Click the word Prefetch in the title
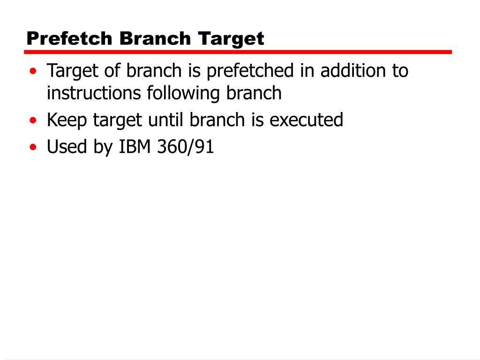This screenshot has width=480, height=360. click(x=70, y=38)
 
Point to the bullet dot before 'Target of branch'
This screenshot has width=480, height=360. click(x=33, y=72)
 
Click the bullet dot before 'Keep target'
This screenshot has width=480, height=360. click(x=33, y=121)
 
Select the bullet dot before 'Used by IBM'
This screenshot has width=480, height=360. click(x=33, y=148)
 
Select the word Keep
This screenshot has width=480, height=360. click(x=67, y=120)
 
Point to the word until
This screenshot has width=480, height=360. click(x=166, y=120)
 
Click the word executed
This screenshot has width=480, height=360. click(x=307, y=120)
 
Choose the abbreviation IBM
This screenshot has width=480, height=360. click(x=134, y=147)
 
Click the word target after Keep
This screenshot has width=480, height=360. click(x=118, y=120)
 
